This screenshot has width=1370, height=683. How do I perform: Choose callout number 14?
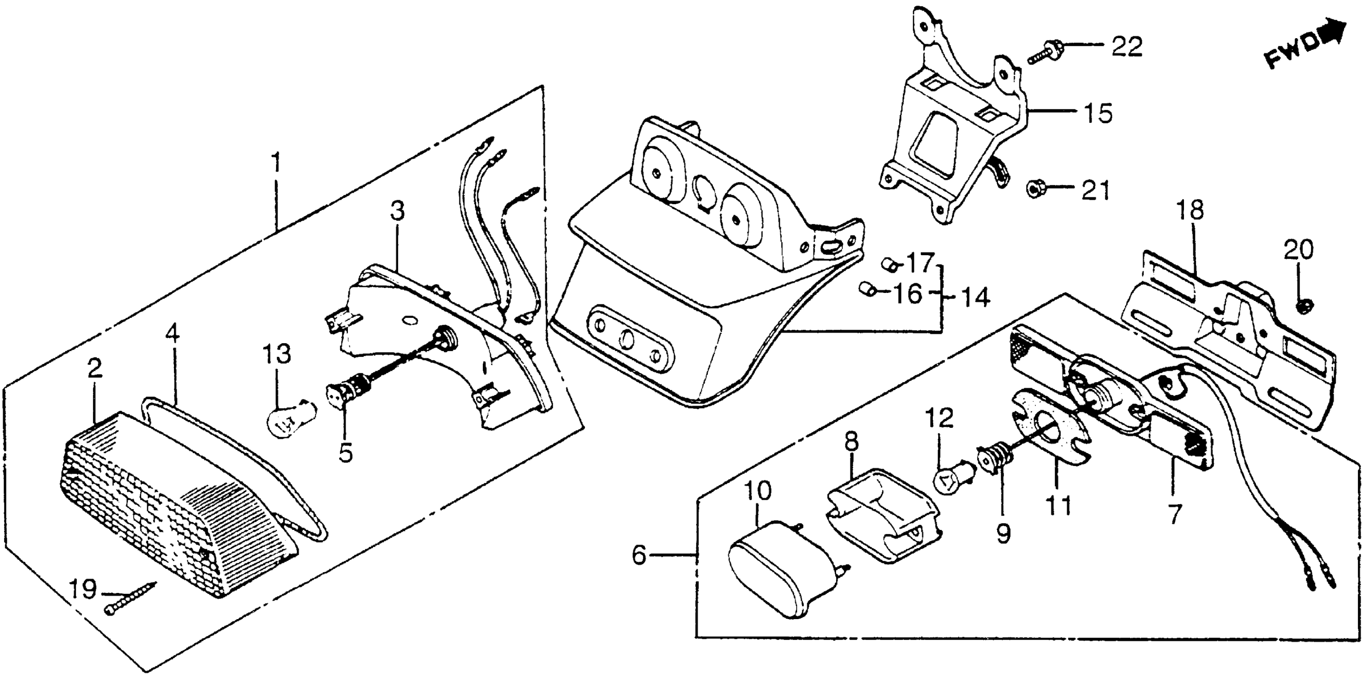pyautogui.click(x=975, y=297)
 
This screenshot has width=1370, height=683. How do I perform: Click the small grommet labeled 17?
pyautogui.click(x=889, y=263)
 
